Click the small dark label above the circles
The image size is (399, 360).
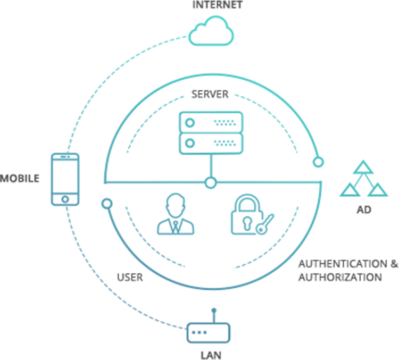[x=210, y=94]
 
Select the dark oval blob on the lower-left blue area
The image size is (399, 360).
[x=129, y=275]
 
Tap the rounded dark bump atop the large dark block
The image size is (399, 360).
[x=363, y=215]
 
